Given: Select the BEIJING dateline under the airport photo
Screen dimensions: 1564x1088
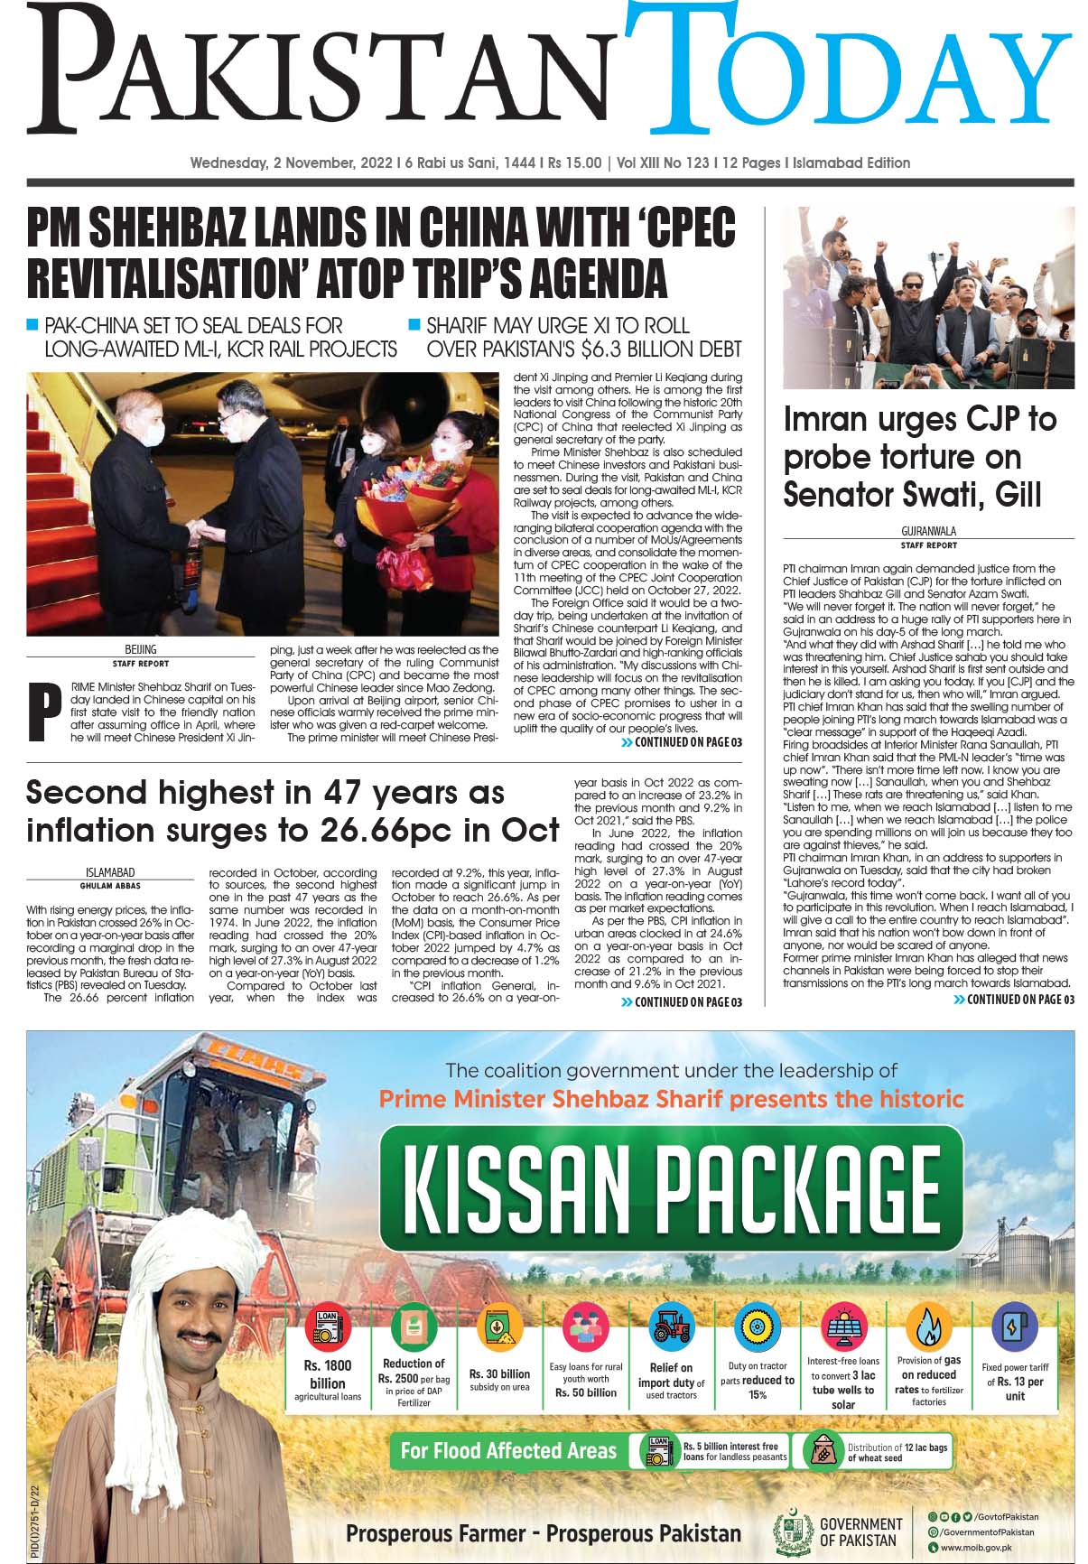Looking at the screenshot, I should (x=141, y=649).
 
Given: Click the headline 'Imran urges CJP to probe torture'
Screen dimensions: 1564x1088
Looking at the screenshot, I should (x=919, y=457).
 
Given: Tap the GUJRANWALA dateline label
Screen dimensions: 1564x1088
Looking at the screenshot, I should (x=928, y=532).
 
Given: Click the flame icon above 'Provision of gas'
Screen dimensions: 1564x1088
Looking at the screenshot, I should (x=927, y=1325).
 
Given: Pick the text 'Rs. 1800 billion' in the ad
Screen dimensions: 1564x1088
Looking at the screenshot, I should (x=327, y=1373).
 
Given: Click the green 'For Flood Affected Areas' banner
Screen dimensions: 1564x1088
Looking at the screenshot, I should (x=508, y=1450).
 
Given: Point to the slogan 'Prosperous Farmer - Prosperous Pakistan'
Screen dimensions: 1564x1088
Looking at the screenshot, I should (x=543, y=1533).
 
